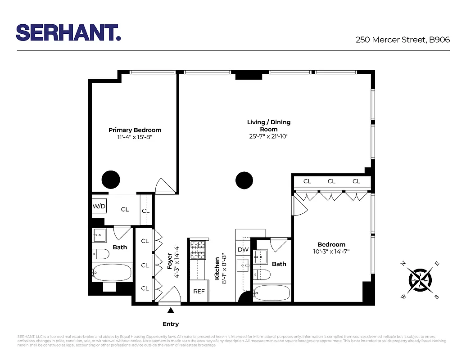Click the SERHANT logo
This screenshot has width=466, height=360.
tap(68, 32)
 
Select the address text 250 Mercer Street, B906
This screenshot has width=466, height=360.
tap(403, 40)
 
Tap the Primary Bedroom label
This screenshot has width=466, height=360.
tap(135, 130)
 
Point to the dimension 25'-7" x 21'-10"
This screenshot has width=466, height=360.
tap(269, 136)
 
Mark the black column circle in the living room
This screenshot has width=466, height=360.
tap(244, 180)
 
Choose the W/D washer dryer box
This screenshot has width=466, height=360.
tap(99, 206)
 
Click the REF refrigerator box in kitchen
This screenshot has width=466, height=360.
tap(199, 291)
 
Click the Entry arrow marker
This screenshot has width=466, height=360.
tap(171, 310)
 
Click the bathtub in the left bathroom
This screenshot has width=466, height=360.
tap(112, 272)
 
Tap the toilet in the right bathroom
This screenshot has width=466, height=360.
tap(262, 274)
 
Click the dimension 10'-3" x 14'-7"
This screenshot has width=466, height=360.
tap(331, 252)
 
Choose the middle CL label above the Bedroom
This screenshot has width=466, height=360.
tap(331, 181)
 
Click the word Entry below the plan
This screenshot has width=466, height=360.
tap(171, 324)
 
